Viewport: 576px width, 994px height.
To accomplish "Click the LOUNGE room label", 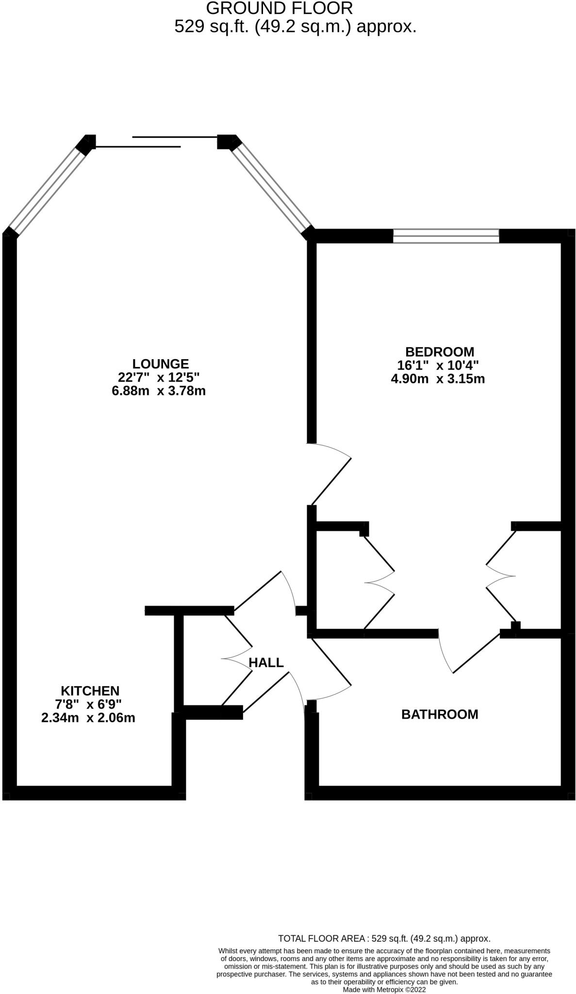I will (160, 364).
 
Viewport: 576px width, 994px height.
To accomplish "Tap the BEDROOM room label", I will (440, 351).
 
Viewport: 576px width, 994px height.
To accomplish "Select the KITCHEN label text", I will (90, 690).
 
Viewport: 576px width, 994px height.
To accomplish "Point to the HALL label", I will (266, 663).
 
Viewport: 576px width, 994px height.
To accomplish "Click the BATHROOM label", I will (440, 714).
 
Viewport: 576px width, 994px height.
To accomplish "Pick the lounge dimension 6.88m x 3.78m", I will (159, 391).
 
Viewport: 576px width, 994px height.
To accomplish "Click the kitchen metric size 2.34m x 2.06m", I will (88, 718).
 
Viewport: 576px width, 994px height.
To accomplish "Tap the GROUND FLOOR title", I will (279, 8).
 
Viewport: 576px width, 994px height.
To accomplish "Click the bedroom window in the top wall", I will (445, 236).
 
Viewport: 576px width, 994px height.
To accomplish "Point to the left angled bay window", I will (48, 190).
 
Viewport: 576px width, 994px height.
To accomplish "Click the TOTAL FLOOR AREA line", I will (384, 939).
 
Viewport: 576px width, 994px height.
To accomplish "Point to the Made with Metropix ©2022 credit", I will (384, 990).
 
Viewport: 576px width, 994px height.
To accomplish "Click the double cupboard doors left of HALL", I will (237, 659).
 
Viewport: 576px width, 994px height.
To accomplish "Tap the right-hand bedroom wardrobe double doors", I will (501, 576).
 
